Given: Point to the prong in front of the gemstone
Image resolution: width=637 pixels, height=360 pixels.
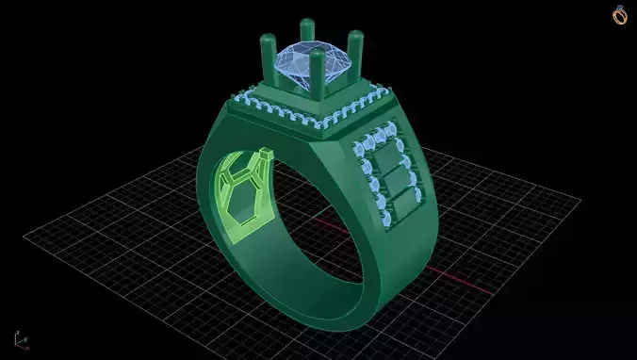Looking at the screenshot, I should point(317,80).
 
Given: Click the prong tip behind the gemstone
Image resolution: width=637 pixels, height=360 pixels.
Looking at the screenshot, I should point(306,24).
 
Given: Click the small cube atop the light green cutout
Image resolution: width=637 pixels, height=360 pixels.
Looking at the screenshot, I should point(267,153).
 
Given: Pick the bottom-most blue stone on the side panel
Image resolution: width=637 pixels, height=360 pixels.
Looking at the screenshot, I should point(386,219).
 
